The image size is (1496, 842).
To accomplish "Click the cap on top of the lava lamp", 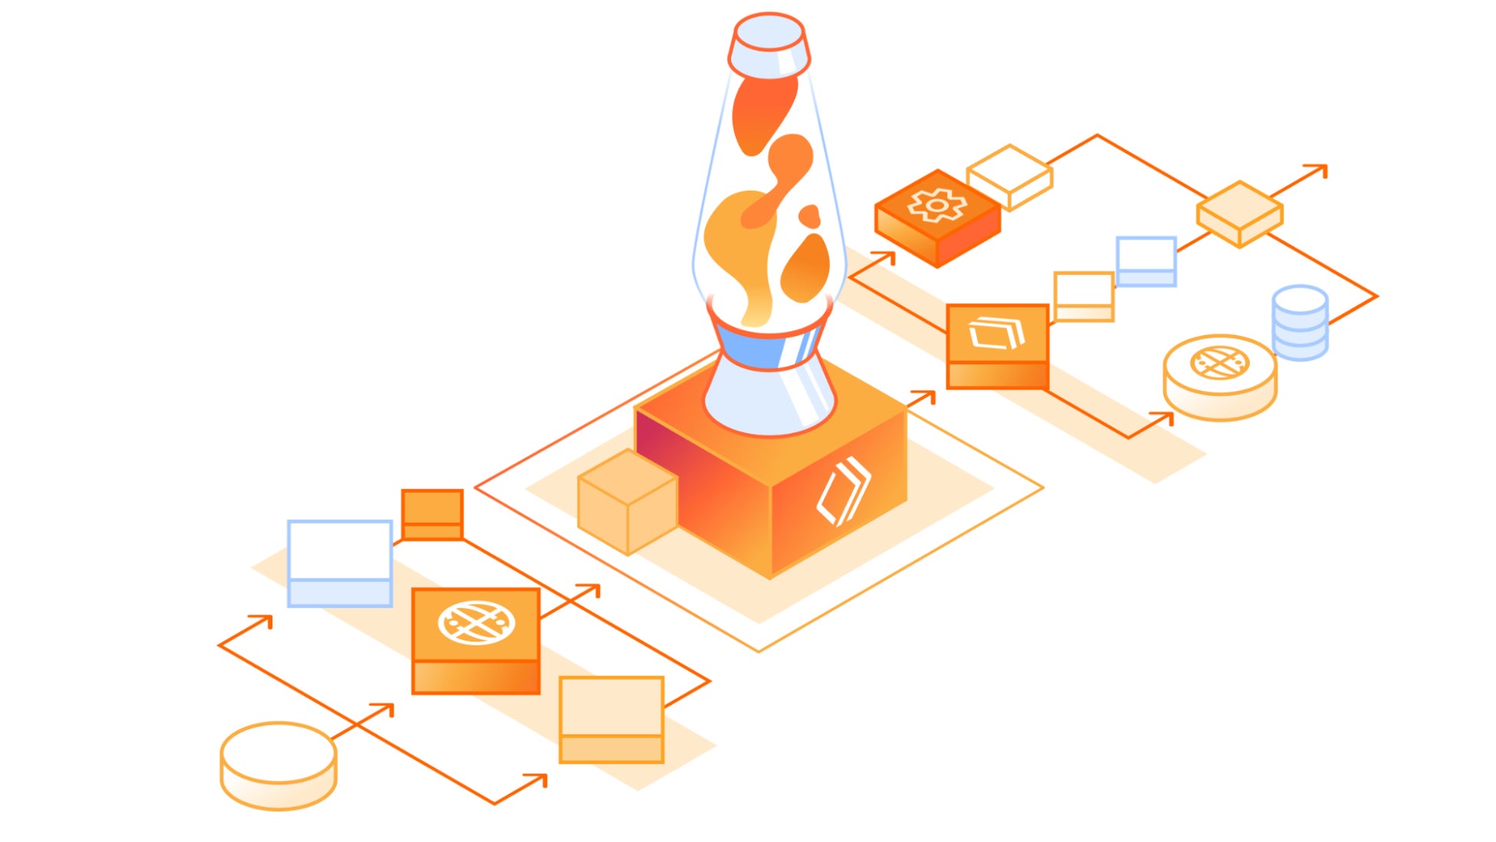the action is pos(769,44).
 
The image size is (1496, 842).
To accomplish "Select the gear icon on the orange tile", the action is pos(937,206).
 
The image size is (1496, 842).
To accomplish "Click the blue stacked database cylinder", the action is pos(1300,323).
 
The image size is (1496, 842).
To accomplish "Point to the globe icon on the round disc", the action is pos(1219,363).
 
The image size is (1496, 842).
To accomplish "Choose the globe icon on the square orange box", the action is pos(476,622).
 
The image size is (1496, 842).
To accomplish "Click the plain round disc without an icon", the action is pos(278,765).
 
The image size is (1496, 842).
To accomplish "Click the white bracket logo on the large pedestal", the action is pos(843,492).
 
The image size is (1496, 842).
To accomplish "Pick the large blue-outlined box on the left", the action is pos(340,563).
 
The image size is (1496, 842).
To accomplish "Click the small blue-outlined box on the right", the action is pos(1146,261).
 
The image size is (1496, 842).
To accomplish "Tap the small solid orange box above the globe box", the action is pos(432,515).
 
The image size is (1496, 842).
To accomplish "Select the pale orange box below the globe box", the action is pos(611,719).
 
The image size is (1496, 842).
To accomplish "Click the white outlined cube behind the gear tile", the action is pos(1010,176).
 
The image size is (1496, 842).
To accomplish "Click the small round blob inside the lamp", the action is pos(809,215).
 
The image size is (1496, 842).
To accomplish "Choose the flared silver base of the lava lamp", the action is pos(769,399).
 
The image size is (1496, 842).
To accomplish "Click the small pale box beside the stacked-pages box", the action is pos(1083,296).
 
